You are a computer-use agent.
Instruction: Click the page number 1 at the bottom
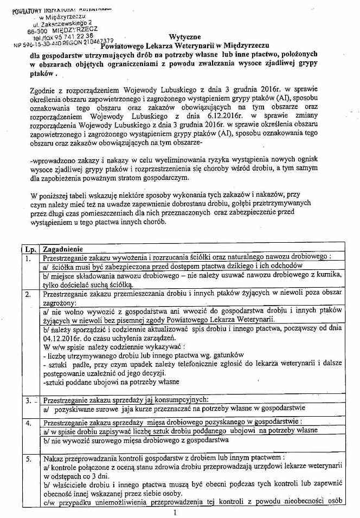tap(176, 511)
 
